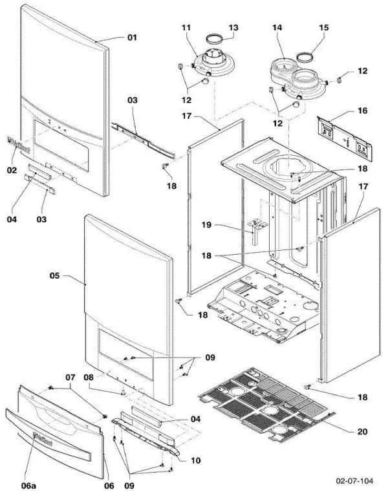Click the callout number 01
tap(132, 37)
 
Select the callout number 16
tap(362, 111)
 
